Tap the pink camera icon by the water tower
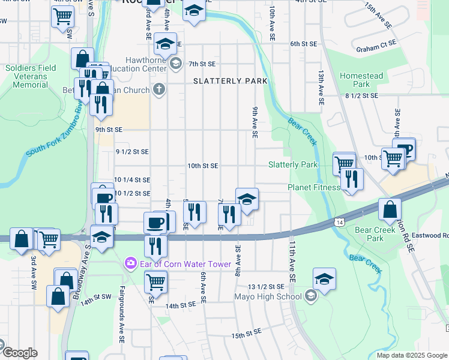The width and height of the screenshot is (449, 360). [130, 263]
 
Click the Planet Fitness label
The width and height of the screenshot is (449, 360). [313, 187]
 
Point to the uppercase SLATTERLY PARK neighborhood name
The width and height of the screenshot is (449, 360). [230, 81]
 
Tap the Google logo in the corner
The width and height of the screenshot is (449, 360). [19, 353]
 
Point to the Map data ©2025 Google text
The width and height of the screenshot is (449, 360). [412, 355]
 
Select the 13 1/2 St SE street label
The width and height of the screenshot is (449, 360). [266, 287]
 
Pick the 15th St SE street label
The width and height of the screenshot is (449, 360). [246, 332]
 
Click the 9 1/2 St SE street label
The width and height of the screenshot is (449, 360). [132, 152]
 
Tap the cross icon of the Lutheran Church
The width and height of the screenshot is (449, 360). [158, 90]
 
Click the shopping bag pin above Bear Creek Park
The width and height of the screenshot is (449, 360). [390, 211]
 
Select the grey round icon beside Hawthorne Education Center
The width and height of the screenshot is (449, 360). [175, 63]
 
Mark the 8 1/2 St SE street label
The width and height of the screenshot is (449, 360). [361, 95]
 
